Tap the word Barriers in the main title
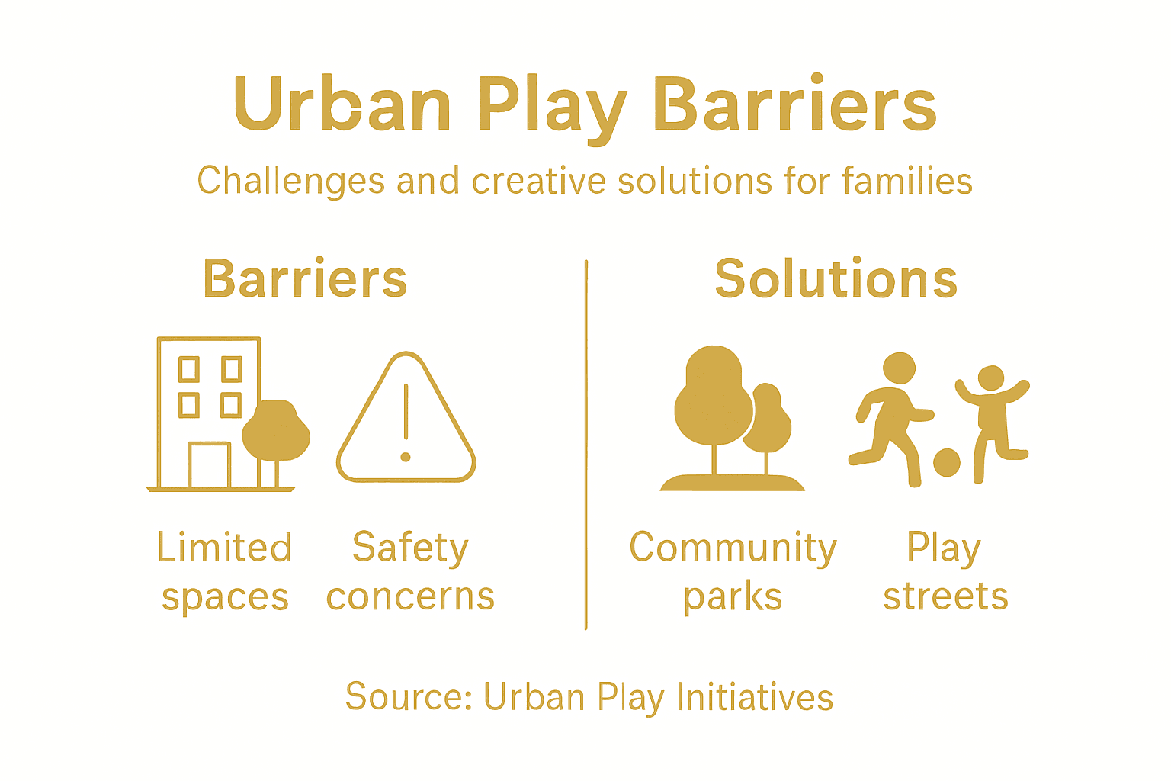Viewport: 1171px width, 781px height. click(x=794, y=104)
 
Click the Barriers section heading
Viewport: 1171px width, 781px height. click(x=305, y=279)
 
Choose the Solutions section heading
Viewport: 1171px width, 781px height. click(x=836, y=279)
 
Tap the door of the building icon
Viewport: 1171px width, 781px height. click(x=209, y=464)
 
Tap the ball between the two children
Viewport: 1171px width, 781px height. click(x=947, y=462)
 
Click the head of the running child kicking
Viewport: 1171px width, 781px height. click(x=899, y=368)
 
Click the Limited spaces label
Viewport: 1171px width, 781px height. click(x=225, y=572)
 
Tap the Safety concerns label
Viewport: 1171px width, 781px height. click(x=410, y=572)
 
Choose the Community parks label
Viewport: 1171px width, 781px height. click(x=733, y=572)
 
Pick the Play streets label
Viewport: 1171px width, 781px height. click(x=945, y=572)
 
